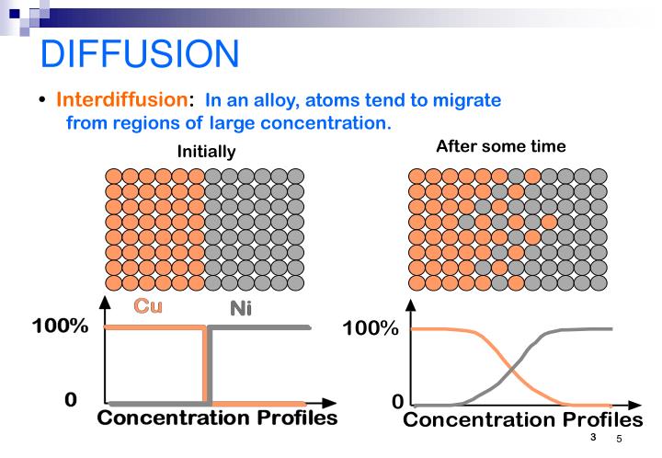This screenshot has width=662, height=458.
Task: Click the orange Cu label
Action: [x=149, y=306]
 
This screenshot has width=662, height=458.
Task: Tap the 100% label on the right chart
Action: [x=371, y=328]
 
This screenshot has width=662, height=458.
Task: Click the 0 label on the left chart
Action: [x=70, y=400]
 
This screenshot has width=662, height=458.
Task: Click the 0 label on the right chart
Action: [x=397, y=403]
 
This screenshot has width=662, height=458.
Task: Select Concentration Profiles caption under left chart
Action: [x=217, y=418]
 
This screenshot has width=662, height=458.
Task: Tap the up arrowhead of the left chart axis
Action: [x=108, y=302]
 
